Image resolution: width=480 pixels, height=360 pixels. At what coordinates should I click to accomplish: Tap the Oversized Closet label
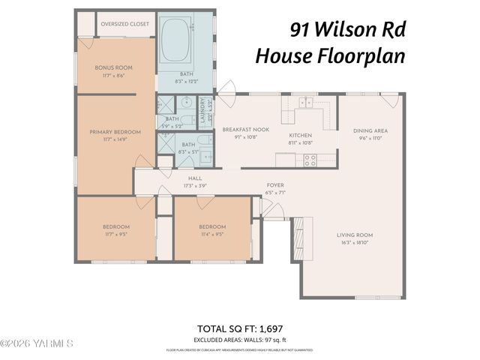pos(124,24)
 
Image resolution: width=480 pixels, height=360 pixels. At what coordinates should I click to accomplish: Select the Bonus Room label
pos(113,68)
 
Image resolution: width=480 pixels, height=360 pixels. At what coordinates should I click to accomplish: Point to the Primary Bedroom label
pos(115,132)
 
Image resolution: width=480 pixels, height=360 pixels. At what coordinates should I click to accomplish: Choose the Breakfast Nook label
pos(240,130)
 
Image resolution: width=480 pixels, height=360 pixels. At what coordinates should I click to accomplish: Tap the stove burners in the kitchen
pos(309,160)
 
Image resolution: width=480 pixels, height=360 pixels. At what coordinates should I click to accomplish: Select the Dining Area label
pos(370,130)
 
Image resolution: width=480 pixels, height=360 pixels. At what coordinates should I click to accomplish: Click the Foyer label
pos(275,184)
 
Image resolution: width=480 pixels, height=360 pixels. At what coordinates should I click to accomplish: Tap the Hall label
pos(195,178)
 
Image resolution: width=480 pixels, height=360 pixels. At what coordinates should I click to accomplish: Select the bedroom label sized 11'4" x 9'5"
pos(211,226)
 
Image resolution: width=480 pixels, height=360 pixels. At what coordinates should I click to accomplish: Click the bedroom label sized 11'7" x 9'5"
pos(115,226)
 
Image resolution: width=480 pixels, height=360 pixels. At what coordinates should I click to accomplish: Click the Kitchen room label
pos(300,136)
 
